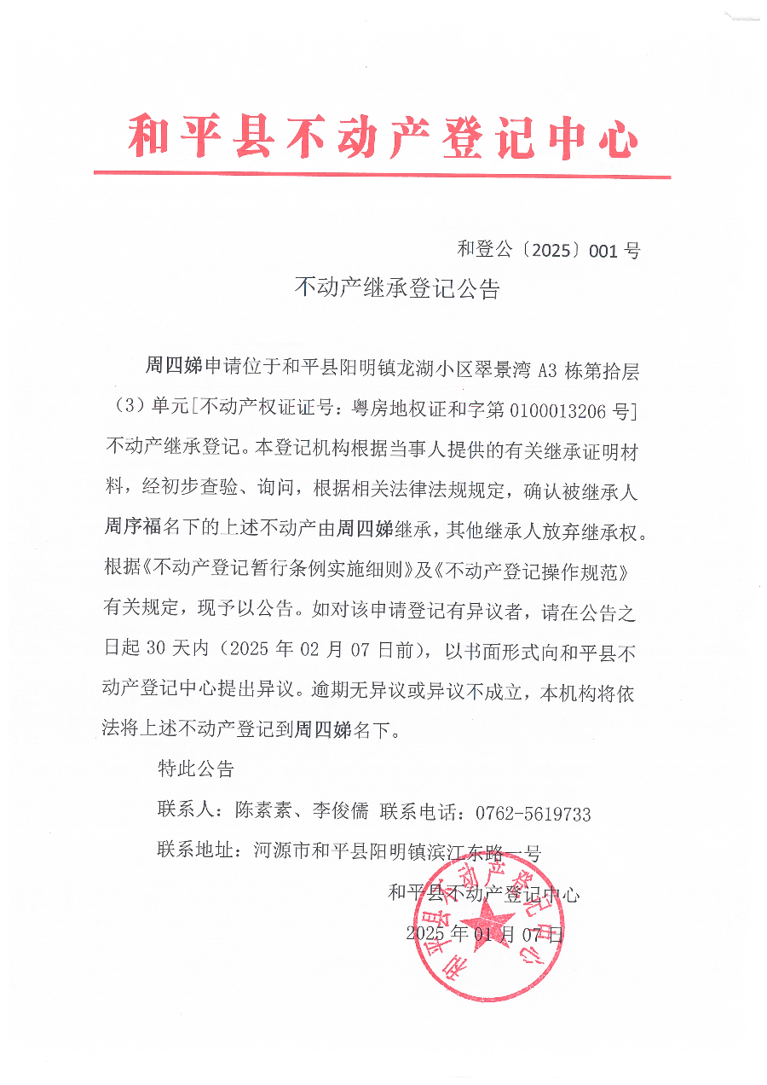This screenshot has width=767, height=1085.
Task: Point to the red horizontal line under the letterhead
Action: pos(383,176)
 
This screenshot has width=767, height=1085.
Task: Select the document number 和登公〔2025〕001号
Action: pos(548,250)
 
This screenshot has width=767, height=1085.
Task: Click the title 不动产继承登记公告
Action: pos(396,288)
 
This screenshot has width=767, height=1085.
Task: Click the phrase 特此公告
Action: pos(196,769)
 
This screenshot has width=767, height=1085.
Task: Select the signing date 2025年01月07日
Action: pos(485,934)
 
